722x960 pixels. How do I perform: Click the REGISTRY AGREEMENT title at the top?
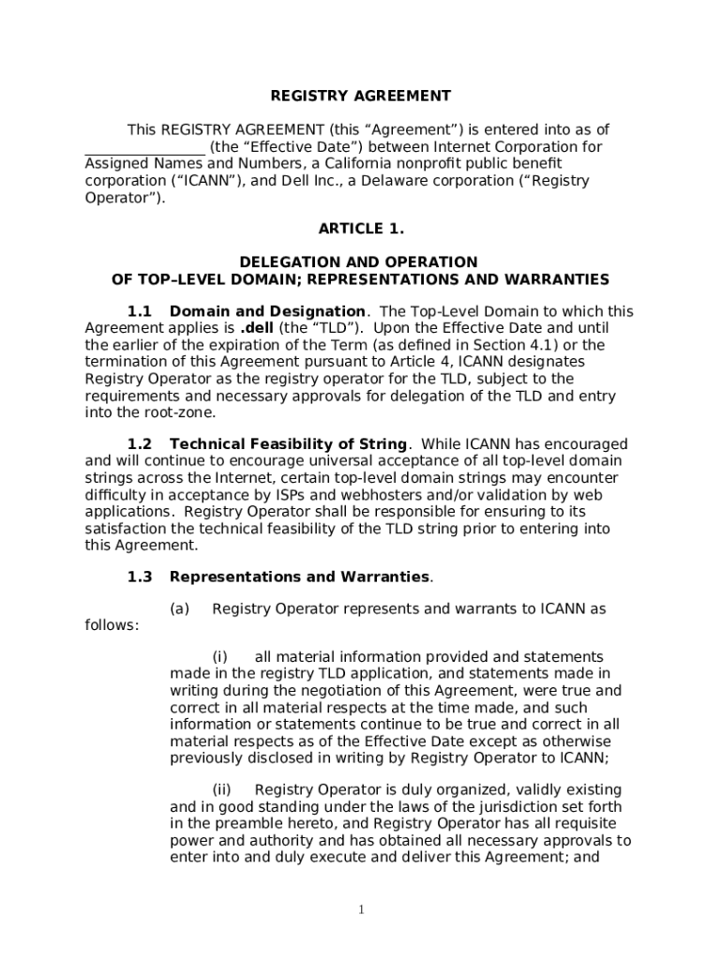click(361, 96)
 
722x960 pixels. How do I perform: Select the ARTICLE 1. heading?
click(361, 229)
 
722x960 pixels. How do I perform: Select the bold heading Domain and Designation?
click(267, 311)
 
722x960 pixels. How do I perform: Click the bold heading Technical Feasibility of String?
click(288, 444)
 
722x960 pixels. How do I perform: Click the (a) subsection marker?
click(180, 609)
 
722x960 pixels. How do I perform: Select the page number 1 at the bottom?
click(361, 910)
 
